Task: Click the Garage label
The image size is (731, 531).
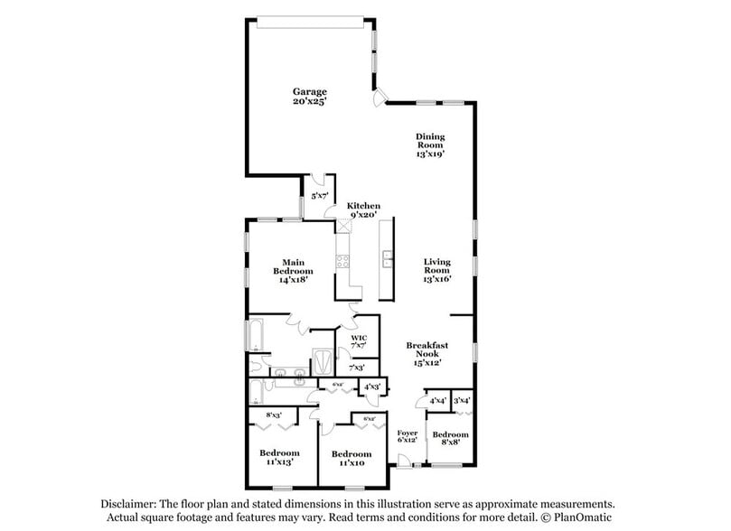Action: pyautogui.click(x=309, y=97)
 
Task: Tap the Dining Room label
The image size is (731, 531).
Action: pyautogui.click(x=430, y=145)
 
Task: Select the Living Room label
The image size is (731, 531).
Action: pyautogui.click(x=437, y=270)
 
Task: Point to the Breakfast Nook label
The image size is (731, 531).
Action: pyautogui.click(x=427, y=354)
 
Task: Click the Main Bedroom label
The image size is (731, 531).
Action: pyautogui.click(x=294, y=270)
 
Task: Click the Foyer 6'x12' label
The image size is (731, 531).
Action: pyautogui.click(x=408, y=437)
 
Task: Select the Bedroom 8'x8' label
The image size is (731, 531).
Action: pyautogui.click(x=451, y=438)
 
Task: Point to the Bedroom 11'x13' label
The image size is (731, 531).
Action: pyautogui.click(x=279, y=457)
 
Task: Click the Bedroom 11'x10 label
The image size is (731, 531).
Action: pyautogui.click(x=350, y=458)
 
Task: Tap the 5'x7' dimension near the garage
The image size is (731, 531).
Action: pyautogui.click(x=319, y=196)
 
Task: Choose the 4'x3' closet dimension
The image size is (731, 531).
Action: pyautogui.click(x=371, y=387)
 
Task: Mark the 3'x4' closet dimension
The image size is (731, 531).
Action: pyautogui.click(x=462, y=400)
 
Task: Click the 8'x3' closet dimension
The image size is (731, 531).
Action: pyautogui.click(x=274, y=415)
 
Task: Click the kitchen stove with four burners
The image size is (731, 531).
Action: pyautogui.click(x=343, y=263)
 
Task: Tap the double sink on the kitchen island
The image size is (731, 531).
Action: pyautogui.click(x=387, y=262)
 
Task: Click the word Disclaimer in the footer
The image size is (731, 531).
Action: pyautogui.click(x=127, y=503)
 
